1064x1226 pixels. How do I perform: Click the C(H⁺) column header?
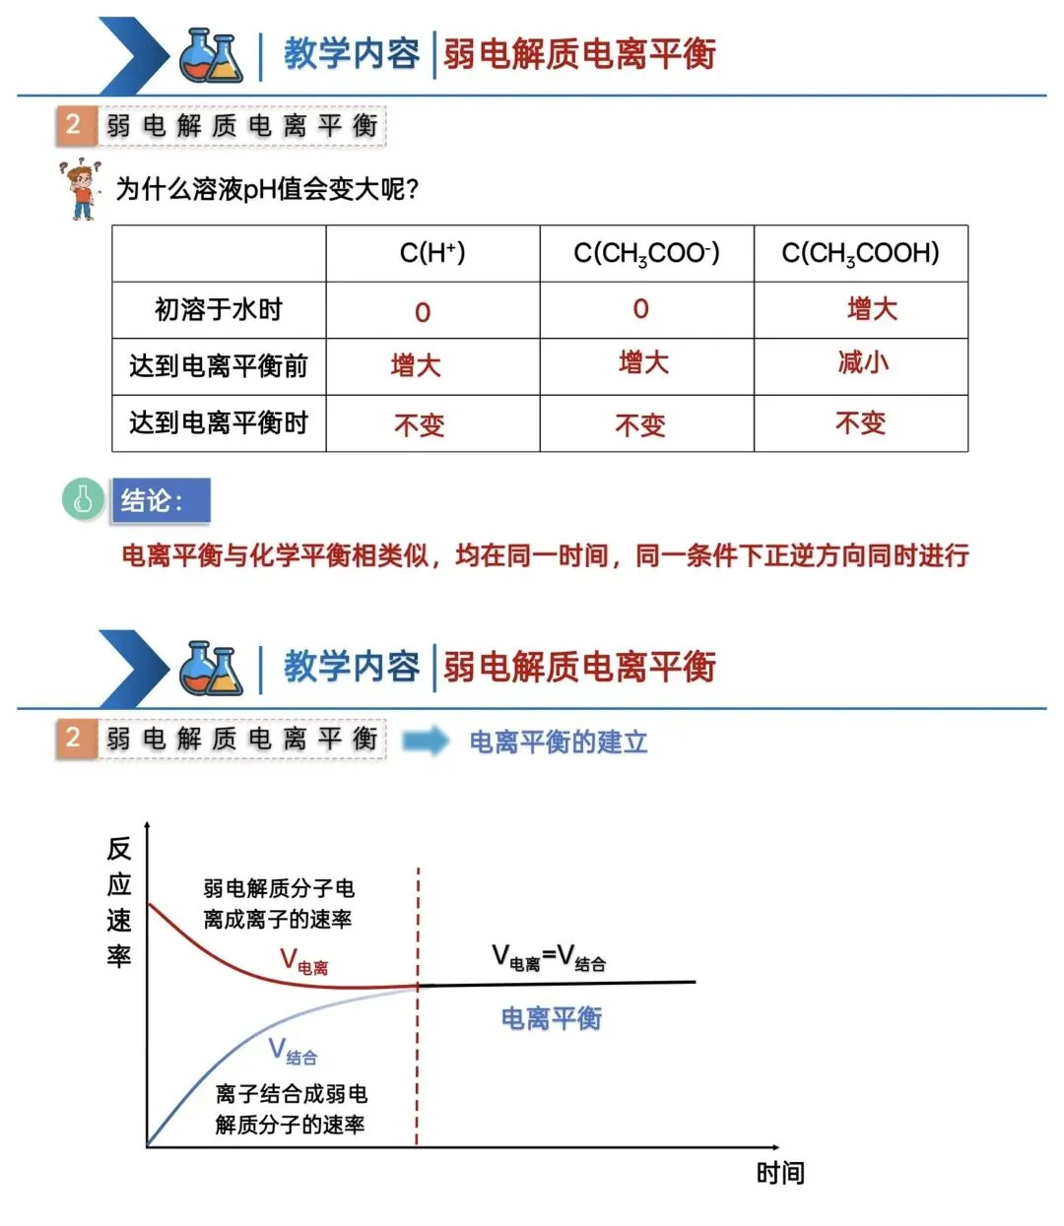click(x=432, y=253)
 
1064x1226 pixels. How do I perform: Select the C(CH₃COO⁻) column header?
click(x=646, y=253)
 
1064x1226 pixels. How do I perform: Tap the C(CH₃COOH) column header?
click(x=860, y=253)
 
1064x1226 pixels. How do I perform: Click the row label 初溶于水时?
click(x=218, y=310)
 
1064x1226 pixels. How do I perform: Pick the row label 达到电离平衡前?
click(x=218, y=366)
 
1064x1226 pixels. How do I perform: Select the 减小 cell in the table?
click(x=863, y=362)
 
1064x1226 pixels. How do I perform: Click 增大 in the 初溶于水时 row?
click(x=872, y=309)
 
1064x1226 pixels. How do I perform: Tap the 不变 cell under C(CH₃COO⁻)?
click(x=640, y=424)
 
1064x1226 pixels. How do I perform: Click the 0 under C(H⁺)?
click(x=423, y=312)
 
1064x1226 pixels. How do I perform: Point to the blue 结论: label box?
click(x=161, y=500)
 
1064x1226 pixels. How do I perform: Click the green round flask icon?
click(x=83, y=498)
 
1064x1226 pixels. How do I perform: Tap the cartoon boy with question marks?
click(x=81, y=189)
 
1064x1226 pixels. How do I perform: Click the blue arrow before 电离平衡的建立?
click(x=425, y=741)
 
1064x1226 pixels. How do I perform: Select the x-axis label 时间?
click(x=780, y=1173)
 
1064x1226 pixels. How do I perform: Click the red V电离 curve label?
click(x=303, y=962)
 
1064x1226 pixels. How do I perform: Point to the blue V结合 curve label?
click(x=293, y=1052)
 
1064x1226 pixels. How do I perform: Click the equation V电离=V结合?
click(x=549, y=957)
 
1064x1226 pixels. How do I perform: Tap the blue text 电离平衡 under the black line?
click(x=552, y=1018)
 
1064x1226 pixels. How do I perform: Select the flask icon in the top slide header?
click(x=211, y=55)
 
